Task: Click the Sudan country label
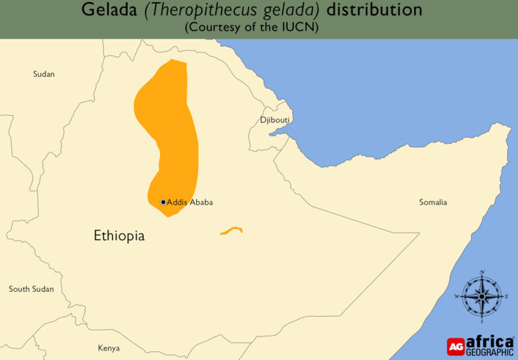pos(44,74)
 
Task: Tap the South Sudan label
pos(31,289)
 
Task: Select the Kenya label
pos(109,348)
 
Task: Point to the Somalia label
pos(433,202)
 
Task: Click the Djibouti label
pos(275,120)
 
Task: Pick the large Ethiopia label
pos(119,236)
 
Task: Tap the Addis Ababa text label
pos(190,202)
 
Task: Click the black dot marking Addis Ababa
pos(163,202)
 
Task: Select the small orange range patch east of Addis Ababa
pos(231,231)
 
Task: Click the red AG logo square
pos(456,346)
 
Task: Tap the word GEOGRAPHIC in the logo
pos(490,352)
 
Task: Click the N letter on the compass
pos(483,272)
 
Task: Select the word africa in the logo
pos(490,341)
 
